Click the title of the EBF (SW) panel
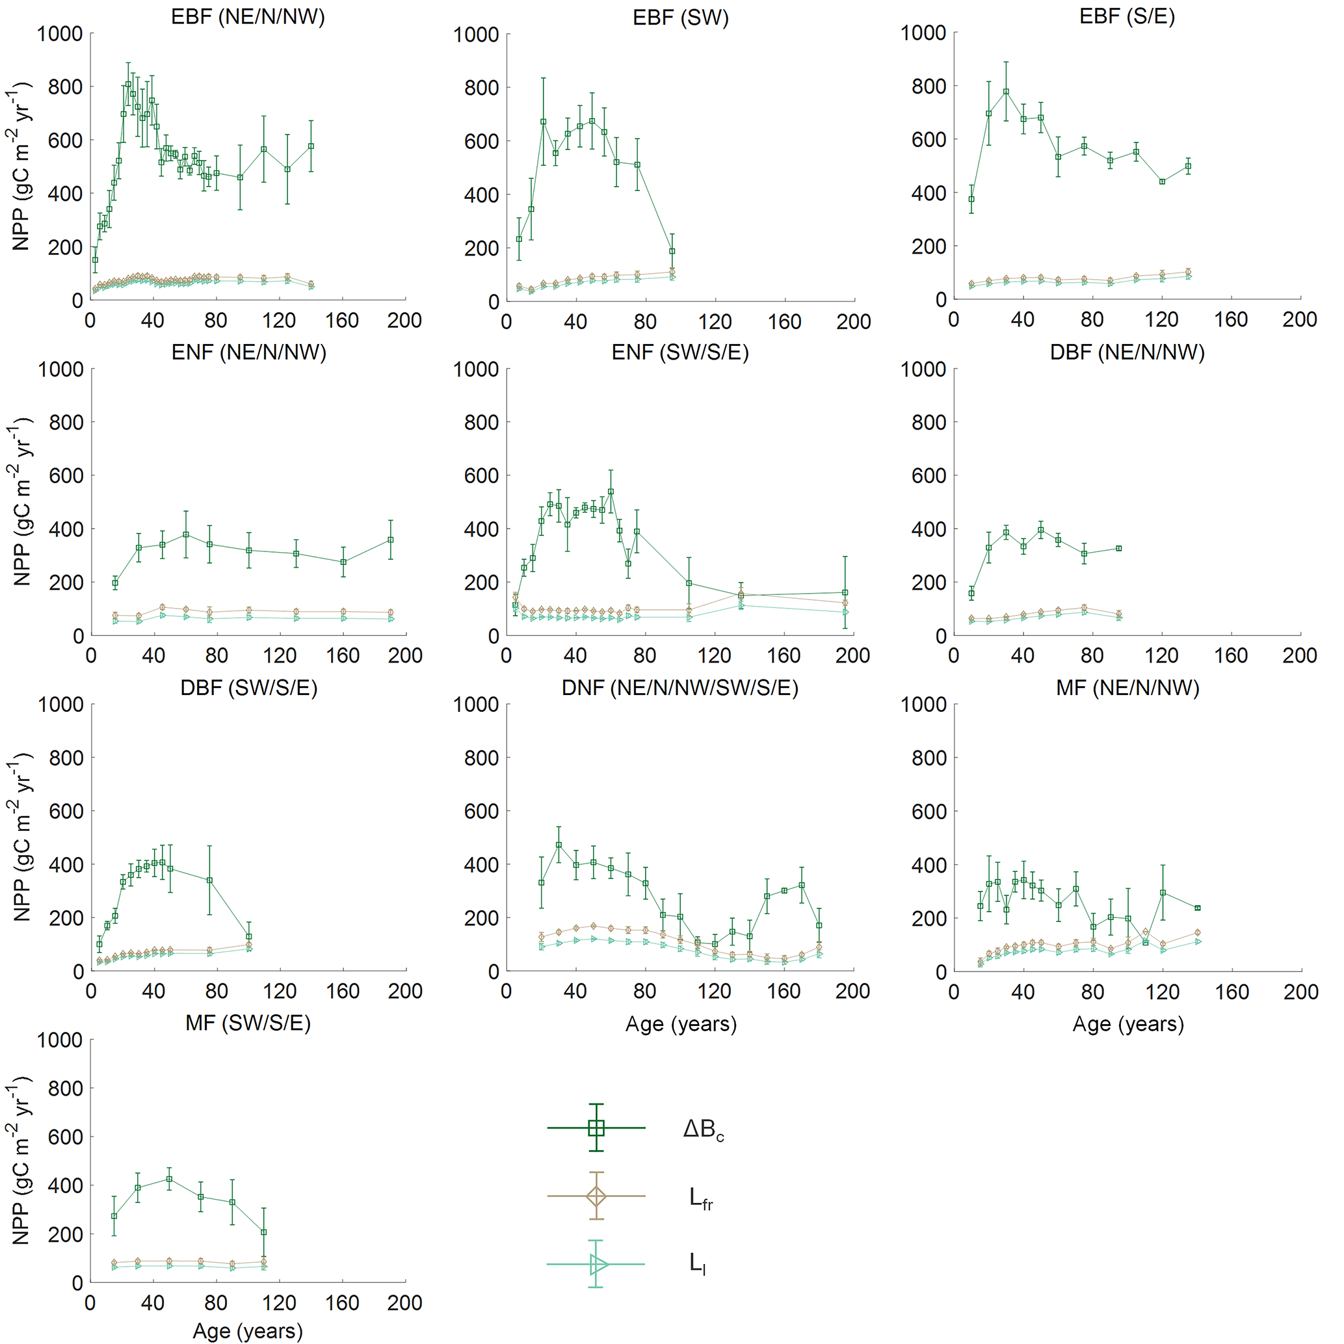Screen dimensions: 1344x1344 (x=680, y=18)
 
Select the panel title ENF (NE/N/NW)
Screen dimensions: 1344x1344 (x=248, y=352)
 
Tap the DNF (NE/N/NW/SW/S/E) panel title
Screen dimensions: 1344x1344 (x=679, y=688)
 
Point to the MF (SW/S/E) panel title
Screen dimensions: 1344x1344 (x=248, y=1023)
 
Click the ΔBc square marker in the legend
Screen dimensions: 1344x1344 (x=596, y=1127)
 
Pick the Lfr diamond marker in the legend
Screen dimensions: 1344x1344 (x=596, y=1196)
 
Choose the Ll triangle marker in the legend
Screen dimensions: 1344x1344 (x=597, y=1264)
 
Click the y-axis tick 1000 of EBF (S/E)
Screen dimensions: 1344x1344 (x=923, y=33)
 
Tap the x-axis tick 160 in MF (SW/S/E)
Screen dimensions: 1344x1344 (x=342, y=1303)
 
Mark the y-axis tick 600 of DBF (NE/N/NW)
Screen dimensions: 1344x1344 (x=929, y=476)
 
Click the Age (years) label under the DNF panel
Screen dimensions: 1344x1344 (x=680, y=1024)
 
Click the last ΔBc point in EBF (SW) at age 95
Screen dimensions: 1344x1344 (x=672, y=251)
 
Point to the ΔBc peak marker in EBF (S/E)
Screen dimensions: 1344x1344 (x=1006, y=91)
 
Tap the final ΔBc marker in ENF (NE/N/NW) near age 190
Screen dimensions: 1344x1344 (x=390, y=540)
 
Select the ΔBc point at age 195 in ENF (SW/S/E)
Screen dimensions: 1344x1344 (x=845, y=593)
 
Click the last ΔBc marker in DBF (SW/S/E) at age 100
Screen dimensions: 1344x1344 (x=248, y=936)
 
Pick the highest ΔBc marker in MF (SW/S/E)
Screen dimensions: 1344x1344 (x=169, y=1179)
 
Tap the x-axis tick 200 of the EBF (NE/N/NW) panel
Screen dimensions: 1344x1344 (x=405, y=321)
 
